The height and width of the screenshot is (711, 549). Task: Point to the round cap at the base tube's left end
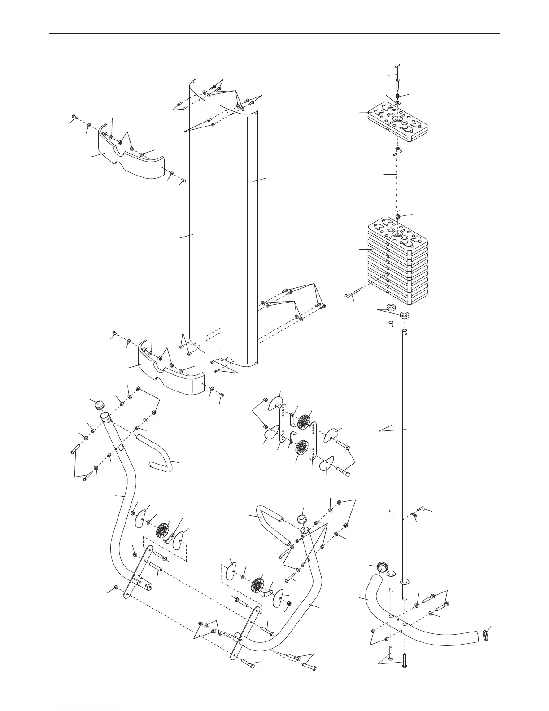pos(382,567)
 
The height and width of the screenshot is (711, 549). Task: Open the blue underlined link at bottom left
pos(90,707)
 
